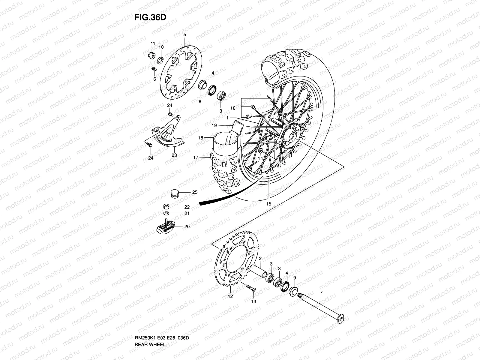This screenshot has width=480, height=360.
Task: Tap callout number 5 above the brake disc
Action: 184,35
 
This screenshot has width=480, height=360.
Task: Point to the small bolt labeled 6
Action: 153,70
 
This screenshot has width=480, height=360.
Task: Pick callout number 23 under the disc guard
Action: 174,155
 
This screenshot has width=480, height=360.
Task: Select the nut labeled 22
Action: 166,206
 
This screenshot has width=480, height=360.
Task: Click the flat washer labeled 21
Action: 166,213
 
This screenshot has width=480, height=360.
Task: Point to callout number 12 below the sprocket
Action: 230,297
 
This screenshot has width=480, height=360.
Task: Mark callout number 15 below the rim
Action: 268,204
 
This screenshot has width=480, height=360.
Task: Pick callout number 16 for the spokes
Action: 233,108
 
